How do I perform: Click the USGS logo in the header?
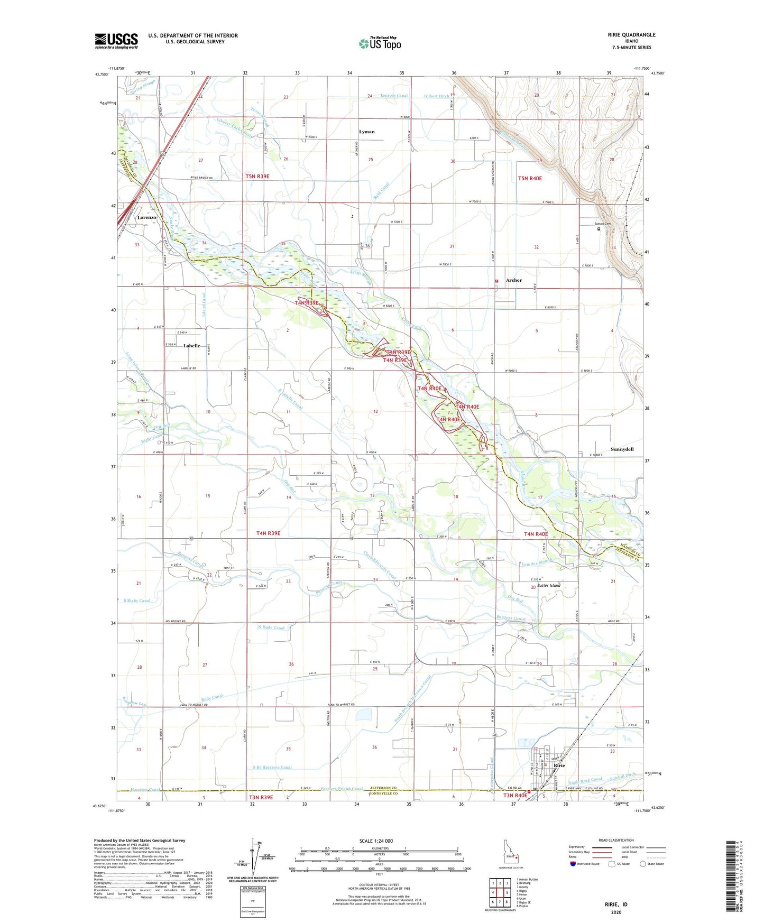[x=116, y=41]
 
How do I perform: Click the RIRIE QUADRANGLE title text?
[x=631, y=35]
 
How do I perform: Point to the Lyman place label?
[x=366, y=132]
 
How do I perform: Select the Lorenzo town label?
[x=146, y=218]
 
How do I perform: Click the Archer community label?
[x=513, y=280]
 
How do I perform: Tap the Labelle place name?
[x=191, y=346]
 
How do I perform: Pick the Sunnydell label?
[x=622, y=449]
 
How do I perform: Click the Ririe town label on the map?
[x=559, y=765]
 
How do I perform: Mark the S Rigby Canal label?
[x=137, y=601]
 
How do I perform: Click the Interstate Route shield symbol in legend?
[x=573, y=864]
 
